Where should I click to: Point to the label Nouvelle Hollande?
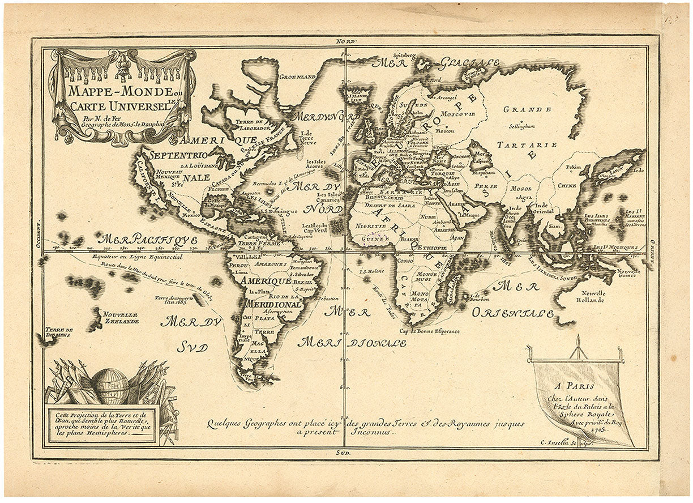[x=593, y=296]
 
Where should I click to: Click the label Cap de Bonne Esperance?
[x=429, y=331]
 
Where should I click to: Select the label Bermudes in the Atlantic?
[x=265, y=185]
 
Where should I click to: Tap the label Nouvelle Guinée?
[x=627, y=273]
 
